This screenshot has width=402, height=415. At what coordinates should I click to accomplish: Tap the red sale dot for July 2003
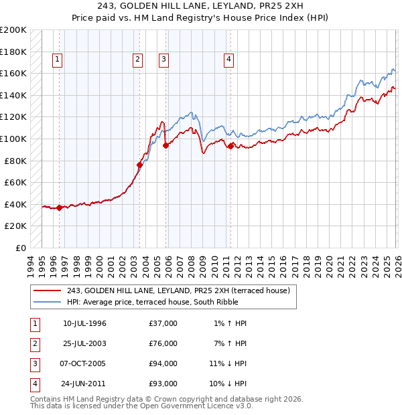pyautogui.click(x=139, y=165)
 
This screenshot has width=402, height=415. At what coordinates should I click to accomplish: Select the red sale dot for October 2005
pyautogui.click(x=165, y=145)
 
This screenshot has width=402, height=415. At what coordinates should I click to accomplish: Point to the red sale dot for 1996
pyautogui.click(x=60, y=207)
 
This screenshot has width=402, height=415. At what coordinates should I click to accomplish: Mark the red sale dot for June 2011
pyautogui.click(x=230, y=146)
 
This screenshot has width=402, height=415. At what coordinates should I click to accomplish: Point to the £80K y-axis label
pyautogui.click(x=15, y=161)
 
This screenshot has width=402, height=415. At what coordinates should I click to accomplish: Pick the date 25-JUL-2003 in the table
pyautogui.click(x=84, y=343)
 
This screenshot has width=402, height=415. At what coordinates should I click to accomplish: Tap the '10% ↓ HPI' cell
pyautogui.click(x=228, y=384)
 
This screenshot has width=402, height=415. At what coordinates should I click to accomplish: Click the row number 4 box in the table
pyautogui.click(x=34, y=384)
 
